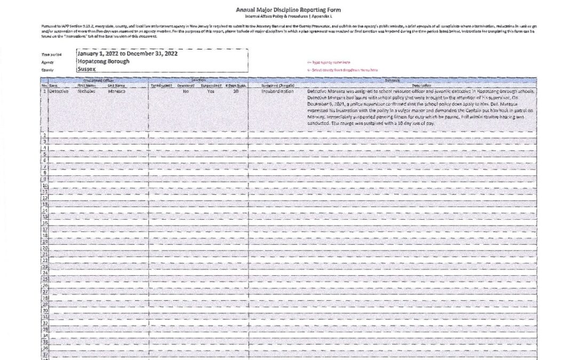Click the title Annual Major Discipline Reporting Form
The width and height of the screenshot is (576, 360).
click(288, 10)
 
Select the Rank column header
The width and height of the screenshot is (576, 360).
click(54, 85)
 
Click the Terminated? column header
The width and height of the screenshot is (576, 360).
click(162, 85)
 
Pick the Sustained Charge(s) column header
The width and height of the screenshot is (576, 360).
click(277, 85)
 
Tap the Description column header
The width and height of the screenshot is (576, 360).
click(421, 85)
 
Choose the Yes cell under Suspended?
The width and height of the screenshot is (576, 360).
click(211, 91)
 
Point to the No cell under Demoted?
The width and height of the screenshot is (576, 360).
click(186, 91)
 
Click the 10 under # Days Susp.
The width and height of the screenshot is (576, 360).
click(236, 91)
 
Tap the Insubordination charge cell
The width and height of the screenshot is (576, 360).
click(277, 91)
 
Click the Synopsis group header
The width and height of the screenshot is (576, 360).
click(421, 80)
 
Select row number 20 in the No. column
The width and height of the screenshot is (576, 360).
click(45, 248)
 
